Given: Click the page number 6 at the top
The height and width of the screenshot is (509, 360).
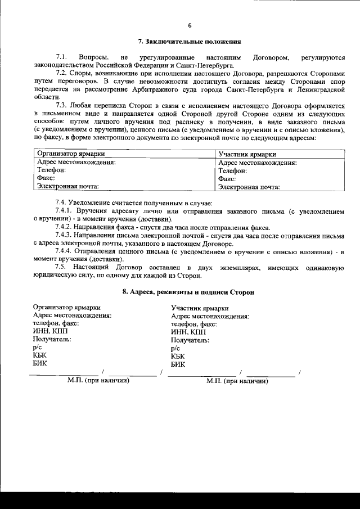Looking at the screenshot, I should [190, 25].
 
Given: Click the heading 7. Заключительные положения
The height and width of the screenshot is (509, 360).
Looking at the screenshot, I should [190, 42].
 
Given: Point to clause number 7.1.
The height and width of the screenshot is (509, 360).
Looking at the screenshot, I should [62, 57].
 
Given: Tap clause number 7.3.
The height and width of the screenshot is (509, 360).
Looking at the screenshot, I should [62, 105].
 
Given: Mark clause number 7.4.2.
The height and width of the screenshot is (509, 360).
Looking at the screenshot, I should [65, 227].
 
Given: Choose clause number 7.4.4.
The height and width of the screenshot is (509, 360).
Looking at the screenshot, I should [65, 251].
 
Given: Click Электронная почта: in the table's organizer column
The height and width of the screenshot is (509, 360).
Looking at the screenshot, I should [68, 186].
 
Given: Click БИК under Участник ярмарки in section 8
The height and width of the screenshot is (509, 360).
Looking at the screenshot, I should [178, 364].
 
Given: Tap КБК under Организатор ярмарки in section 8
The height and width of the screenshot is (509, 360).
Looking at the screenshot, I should [40, 355].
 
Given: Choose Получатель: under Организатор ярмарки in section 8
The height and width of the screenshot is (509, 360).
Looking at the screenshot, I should [52, 340].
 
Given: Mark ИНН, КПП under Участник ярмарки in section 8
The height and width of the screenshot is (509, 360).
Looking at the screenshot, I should [186, 332].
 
